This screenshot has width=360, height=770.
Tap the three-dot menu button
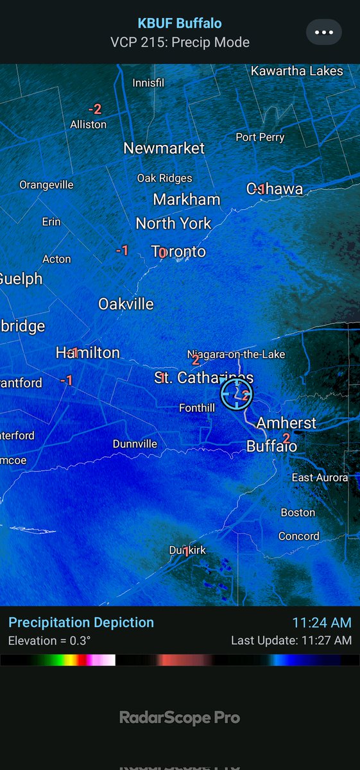323,32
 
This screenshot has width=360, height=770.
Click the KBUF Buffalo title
180,24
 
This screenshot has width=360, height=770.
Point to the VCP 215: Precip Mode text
180,43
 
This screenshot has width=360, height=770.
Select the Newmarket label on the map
164,148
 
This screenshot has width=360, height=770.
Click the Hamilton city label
88,352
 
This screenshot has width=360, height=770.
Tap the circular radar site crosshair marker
236,394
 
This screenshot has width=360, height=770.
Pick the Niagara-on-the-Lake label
236,354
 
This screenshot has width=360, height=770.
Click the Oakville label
126,304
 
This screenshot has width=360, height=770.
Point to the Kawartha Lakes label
297,71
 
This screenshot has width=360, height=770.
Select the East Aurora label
320,477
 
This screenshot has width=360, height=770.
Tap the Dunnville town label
135,443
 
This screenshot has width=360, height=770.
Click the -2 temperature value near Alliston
95,110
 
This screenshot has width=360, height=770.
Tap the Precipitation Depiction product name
81,622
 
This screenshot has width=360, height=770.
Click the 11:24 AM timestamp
321,622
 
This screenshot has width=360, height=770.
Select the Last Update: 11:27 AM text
291,640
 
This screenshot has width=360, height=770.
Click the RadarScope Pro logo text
180,717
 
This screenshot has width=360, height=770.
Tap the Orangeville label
46,185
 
